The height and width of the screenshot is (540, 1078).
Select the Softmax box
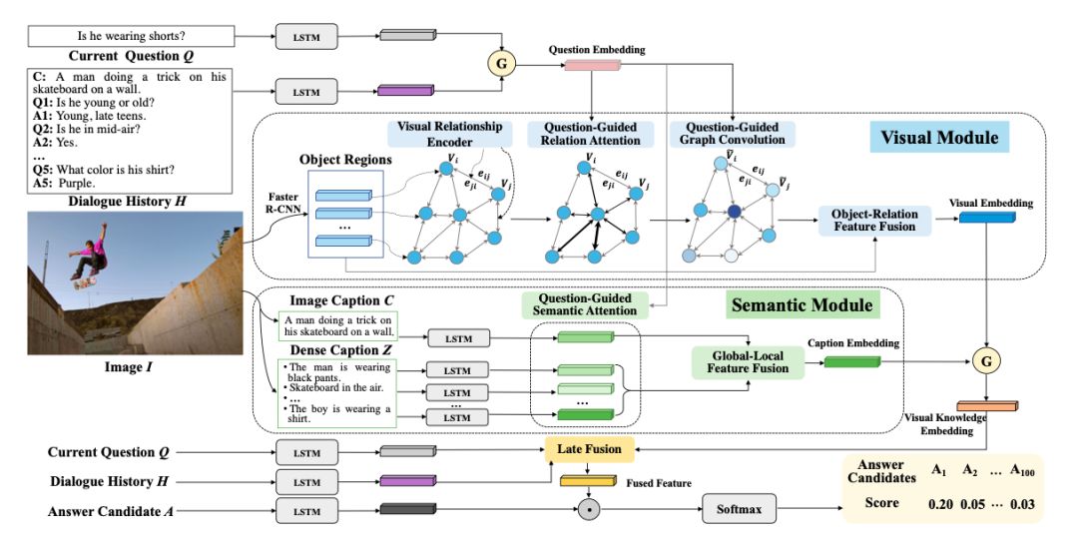pos(740,510)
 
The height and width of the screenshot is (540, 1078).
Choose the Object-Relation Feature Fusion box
pos(873,221)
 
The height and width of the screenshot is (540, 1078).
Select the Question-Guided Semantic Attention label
pos(581,304)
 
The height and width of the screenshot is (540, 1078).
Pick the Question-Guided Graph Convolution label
pos(733,134)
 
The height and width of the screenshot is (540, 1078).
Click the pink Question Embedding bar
pos(593,66)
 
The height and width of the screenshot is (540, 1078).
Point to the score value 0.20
pos(939,503)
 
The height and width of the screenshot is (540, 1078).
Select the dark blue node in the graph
pos(735,212)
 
